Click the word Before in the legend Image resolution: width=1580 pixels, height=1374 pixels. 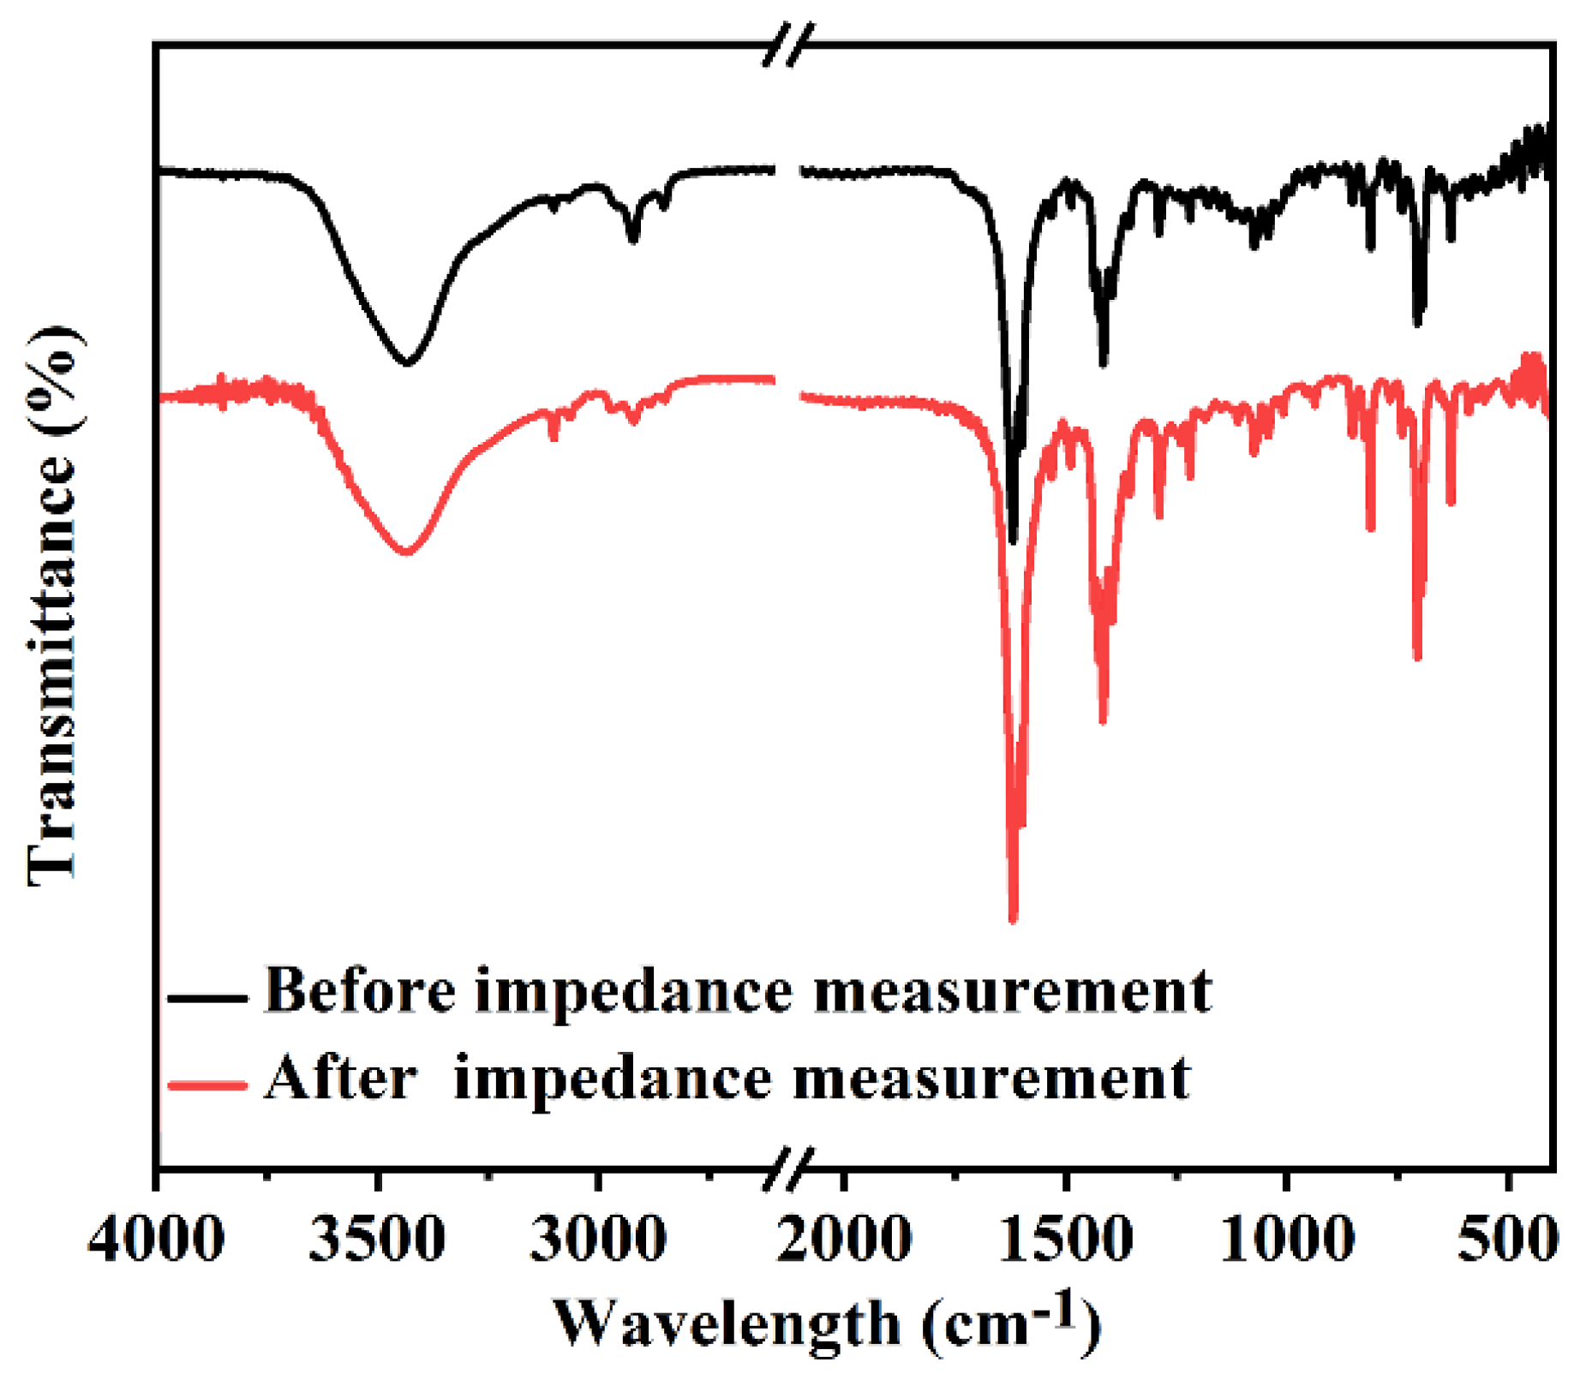coord(360,990)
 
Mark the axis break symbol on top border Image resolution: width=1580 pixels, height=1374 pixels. coord(788,44)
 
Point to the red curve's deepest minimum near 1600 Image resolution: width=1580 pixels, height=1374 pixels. coord(1014,918)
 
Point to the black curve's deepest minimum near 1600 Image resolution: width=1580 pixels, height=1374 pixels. coord(1013,540)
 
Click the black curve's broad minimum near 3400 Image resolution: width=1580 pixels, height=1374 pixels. coord(407,362)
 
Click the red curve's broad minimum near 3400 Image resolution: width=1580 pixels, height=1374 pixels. coord(407,553)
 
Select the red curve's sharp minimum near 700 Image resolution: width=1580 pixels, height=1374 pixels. coord(1417,656)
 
